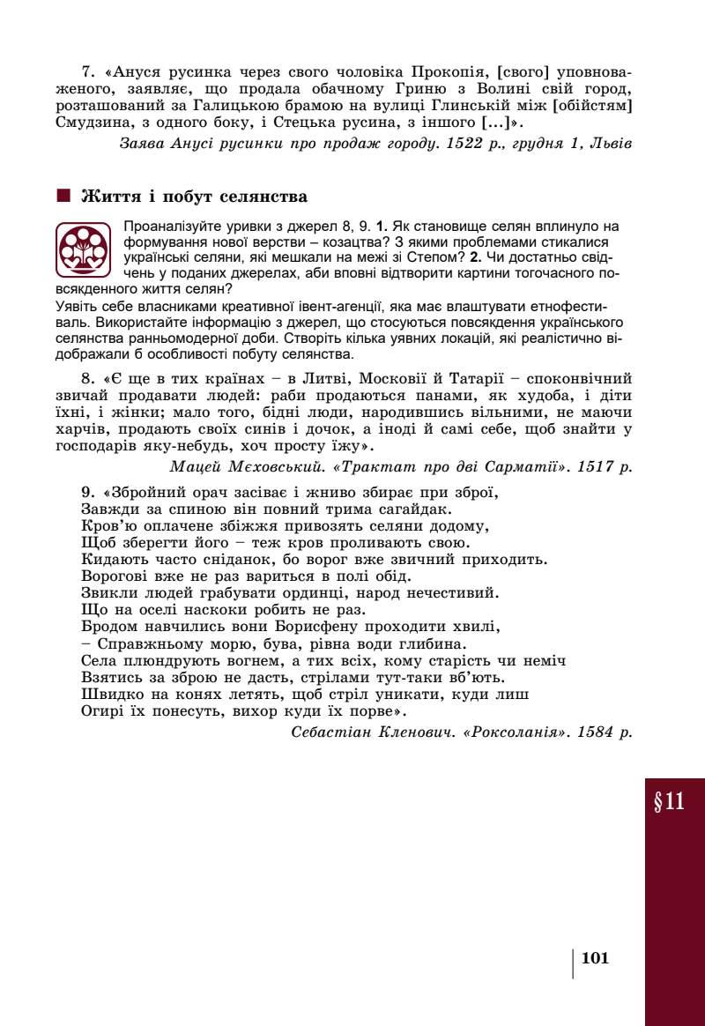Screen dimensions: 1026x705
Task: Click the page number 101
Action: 596,958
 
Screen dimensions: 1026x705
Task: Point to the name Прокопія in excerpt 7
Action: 444,70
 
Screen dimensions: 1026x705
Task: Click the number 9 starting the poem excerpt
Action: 86,492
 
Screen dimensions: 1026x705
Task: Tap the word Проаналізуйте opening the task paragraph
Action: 169,227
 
